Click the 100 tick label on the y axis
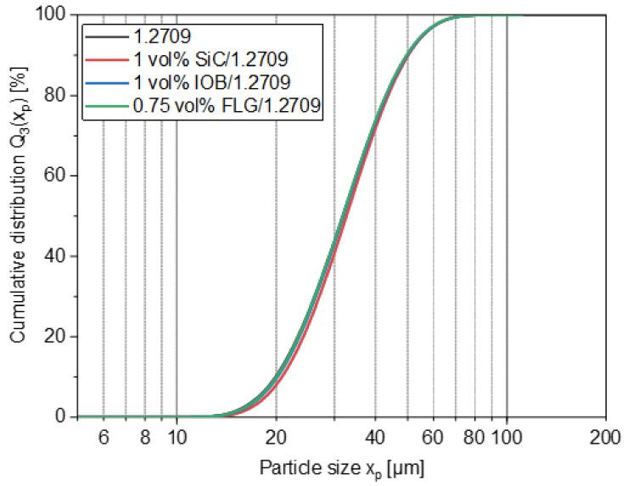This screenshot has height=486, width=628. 55,14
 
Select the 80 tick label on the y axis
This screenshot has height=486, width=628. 59,95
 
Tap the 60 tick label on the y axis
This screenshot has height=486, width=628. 59,176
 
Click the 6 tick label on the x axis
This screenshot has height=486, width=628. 104,439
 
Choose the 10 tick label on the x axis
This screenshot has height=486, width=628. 177,439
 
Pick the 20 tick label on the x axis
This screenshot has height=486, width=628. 276,439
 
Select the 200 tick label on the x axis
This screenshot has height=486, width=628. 605,439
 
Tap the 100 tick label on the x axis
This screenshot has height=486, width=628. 507,439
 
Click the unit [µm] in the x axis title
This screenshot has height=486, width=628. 406,467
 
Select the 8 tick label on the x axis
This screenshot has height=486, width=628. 145,439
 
